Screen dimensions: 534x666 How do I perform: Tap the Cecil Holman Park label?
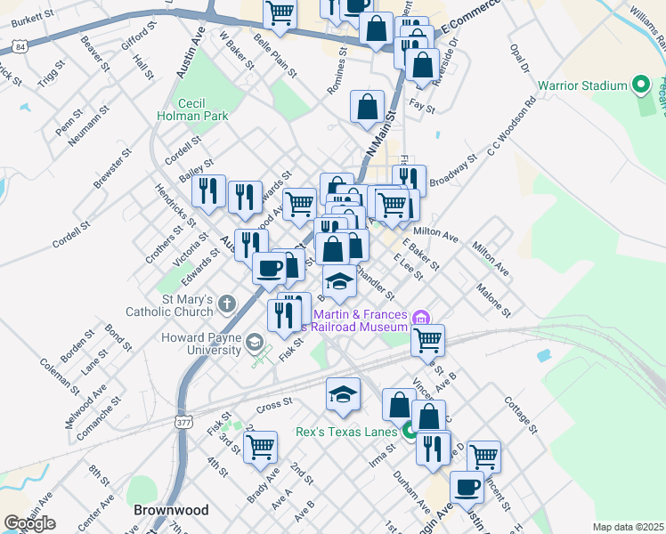191,109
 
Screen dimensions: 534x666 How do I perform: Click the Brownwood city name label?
170,510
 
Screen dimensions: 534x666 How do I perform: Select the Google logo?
29,523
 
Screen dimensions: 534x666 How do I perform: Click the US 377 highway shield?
184,421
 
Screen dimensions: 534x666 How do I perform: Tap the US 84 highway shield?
20,44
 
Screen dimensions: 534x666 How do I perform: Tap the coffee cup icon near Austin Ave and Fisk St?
269,267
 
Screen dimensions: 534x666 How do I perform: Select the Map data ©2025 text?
627,527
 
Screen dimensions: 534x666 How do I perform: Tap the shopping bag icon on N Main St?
368,107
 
